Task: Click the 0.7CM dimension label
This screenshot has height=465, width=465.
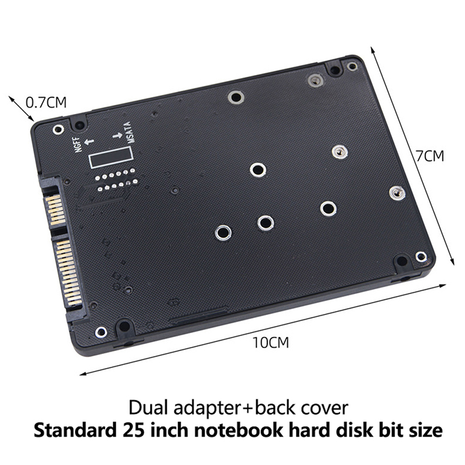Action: tap(46, 103)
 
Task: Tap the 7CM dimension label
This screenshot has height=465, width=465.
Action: tap(430, 156)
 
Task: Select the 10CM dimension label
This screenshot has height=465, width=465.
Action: tap(270, 342)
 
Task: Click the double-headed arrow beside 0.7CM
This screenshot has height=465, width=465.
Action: tap(19, 109)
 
